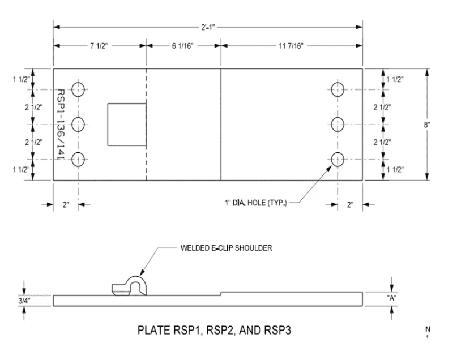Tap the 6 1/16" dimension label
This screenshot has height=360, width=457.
coord(183,46)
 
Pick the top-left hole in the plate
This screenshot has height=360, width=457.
coord(78,89)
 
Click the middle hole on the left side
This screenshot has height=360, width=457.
coord(78,124)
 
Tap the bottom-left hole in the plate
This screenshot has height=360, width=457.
coord(78,159)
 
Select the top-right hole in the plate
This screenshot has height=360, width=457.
coord(338,89)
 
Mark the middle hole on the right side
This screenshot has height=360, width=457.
coord(338,124)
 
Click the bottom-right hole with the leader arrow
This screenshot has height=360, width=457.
coord(338,159)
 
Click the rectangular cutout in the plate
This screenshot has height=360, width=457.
coord(127,125)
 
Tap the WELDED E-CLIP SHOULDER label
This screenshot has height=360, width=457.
coord(225,247)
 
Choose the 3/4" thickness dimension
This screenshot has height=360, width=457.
coord(24,301)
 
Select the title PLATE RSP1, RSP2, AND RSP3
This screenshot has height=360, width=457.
coord(215,329)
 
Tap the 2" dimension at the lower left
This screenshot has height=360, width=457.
coord(66,205)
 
